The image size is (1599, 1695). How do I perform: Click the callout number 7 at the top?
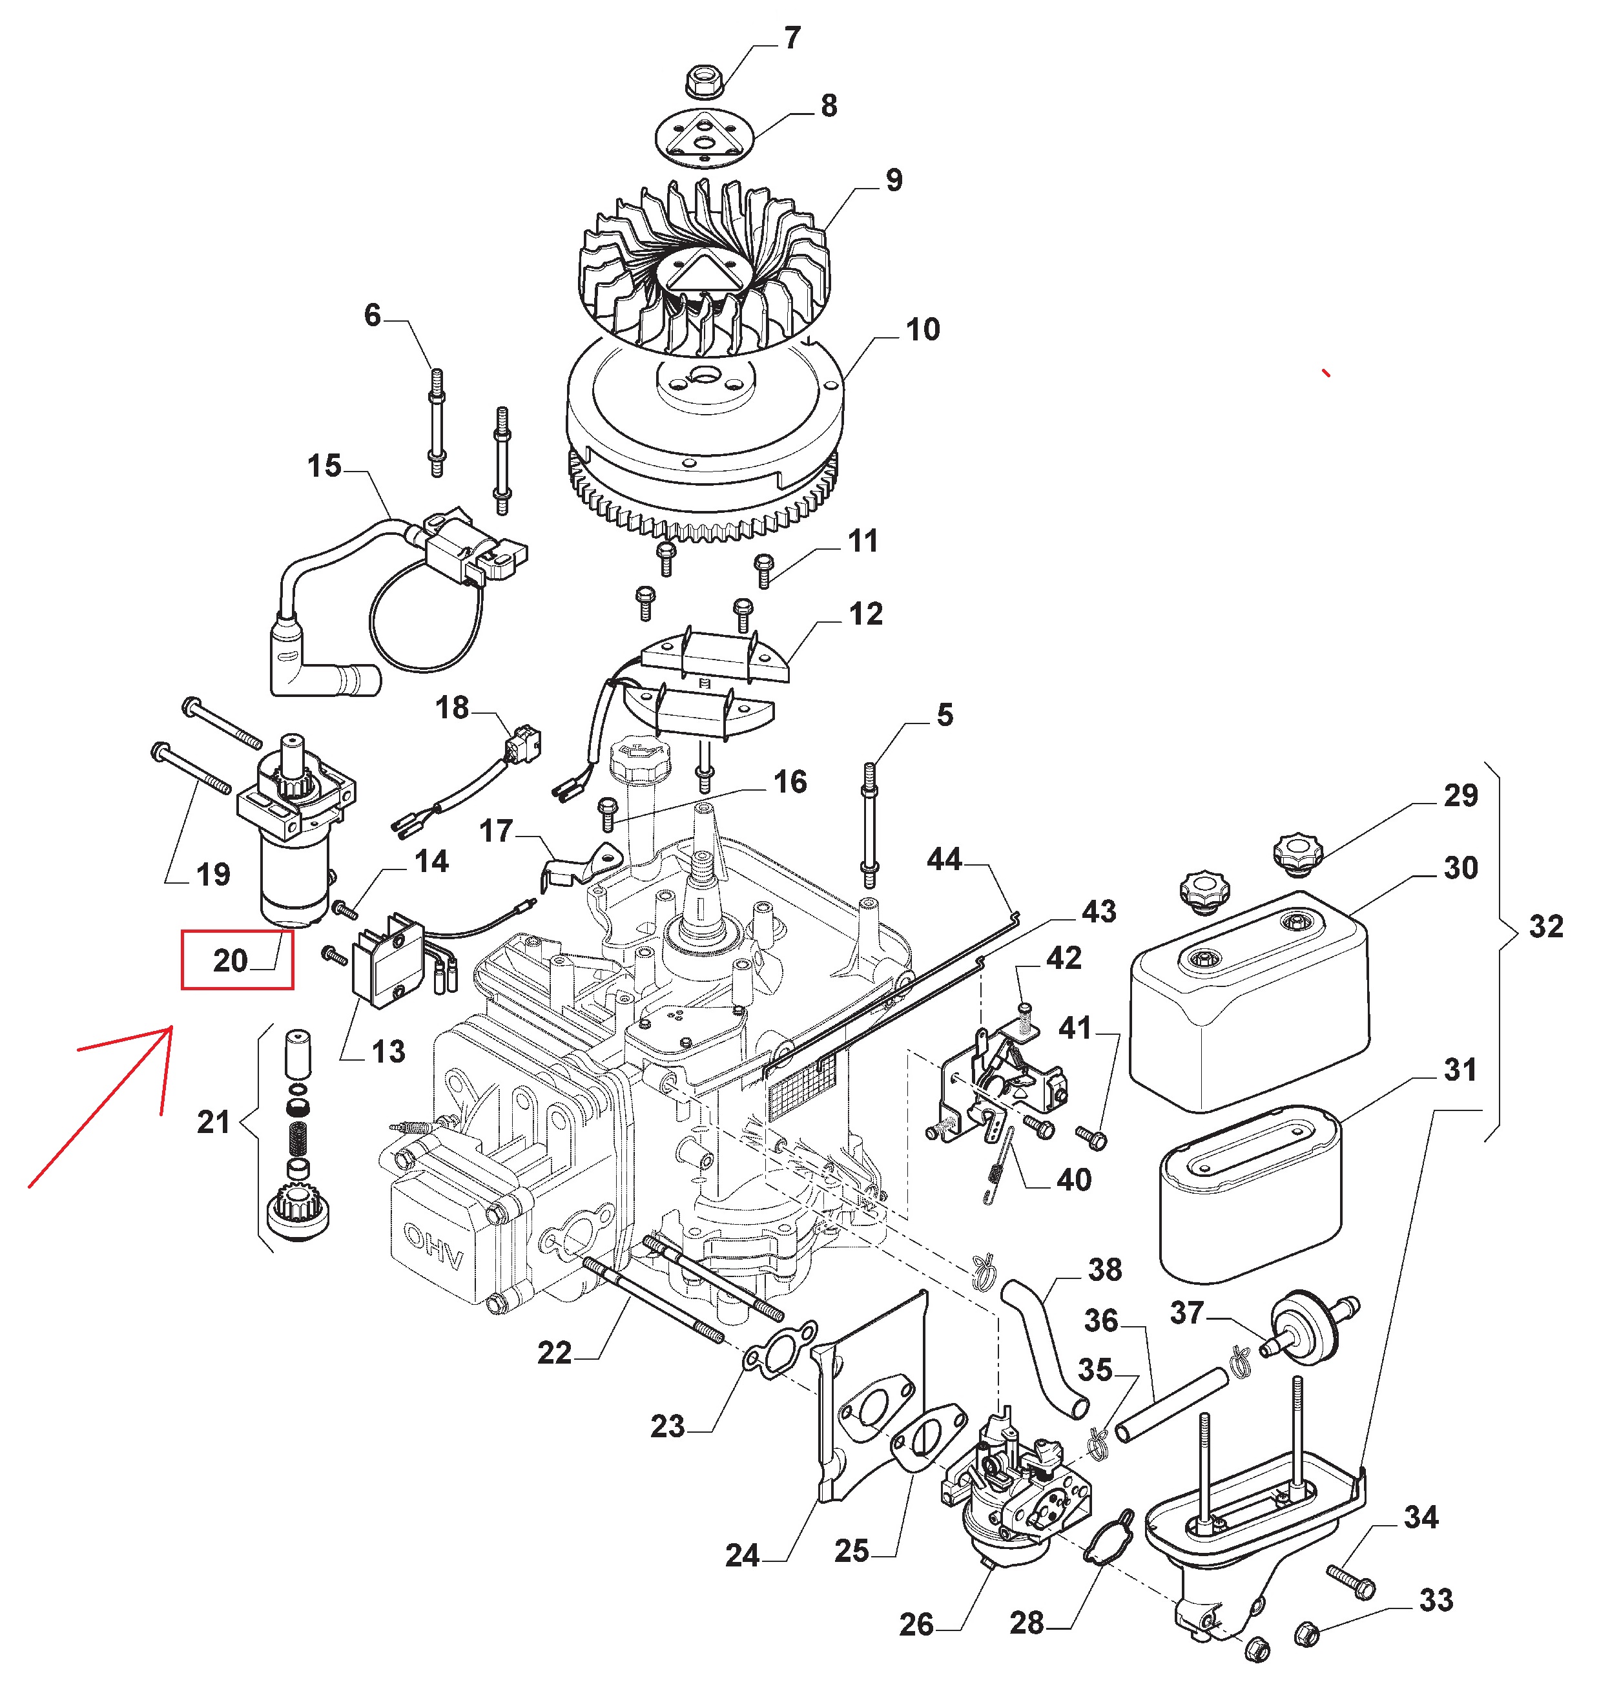pyautogui.click(x=792, y=38)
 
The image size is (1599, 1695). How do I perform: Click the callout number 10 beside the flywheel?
pyautogui.click(x=922, y=330)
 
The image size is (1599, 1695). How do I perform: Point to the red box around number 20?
pyautogui.click(x=237, y=960)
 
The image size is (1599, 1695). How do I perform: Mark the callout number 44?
pyautogui.click(x=944, y=859)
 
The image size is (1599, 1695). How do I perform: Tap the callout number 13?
pyautogui.click(x=388, y=1051)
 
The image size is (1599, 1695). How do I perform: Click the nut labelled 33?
pyautogui.click(x=1306, y=1634)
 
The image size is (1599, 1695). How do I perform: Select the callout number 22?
pyautogui.click(x=554, y=1353)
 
